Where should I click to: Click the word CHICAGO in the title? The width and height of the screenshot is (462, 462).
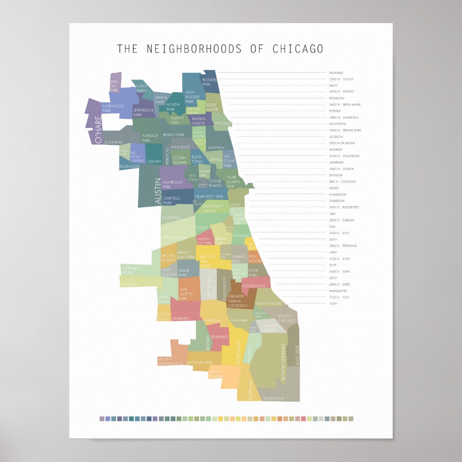coord(298,49)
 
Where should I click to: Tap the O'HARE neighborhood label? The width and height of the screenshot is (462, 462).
coord(98,130)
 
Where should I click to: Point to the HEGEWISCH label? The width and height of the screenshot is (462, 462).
coord(272,398)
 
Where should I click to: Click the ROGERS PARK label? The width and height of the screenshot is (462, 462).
coord(210,82)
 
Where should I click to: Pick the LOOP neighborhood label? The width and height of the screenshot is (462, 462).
coord(235,205)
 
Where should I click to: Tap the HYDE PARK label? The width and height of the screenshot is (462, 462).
coord(253,272)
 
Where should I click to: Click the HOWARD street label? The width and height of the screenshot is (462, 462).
coord(336,73)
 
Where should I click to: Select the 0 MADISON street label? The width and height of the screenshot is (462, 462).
coord(338,195)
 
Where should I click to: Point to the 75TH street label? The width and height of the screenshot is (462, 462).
coord(333,304)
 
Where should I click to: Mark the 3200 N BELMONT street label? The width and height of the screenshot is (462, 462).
coord(342,143)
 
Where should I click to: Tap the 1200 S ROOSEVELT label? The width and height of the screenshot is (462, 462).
coord(344,207)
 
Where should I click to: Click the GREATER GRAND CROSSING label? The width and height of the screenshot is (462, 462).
coord(238,301)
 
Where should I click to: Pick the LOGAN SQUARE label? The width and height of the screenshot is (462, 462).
coord(180,160)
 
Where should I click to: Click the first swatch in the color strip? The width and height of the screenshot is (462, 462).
coord(102,419)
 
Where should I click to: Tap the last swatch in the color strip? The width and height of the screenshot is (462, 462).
coord(351,419)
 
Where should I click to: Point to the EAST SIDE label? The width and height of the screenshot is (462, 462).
coord(297,355)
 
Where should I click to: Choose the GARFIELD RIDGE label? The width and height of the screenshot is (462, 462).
coord(130,270)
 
